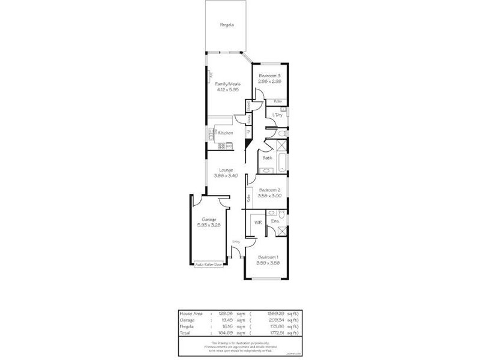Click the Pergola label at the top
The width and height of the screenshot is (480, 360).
click(226, 25)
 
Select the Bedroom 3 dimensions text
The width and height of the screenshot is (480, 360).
click(270, 81)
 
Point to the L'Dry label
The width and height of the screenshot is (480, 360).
click(277, 115)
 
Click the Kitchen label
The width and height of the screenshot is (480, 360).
click(225, 133)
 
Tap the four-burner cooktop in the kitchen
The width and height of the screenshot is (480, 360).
click(221, 145)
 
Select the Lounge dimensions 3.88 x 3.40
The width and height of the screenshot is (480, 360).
click(226, 175)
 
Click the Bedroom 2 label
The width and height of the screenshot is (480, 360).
click(270, 190)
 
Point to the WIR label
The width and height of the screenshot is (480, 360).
click(257, 223)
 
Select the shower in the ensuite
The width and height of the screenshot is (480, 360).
click(281, 232)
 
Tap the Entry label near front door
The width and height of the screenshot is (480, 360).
click(236, 242)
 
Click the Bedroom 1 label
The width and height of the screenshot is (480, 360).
click(268, 257)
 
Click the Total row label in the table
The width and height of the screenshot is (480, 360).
click(185, 332)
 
